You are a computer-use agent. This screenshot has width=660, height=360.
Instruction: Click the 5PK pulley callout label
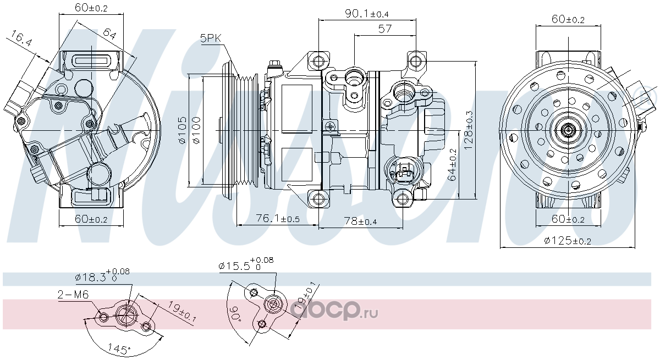(x=210, y=38)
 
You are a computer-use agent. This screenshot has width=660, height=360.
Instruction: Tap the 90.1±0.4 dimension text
(x=367, y=14)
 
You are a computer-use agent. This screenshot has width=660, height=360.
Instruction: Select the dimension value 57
(x=385, y=29)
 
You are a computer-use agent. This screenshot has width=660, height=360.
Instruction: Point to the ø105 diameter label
(x=182, y=130)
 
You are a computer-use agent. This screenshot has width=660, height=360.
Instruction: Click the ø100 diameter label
(x=196, y=130)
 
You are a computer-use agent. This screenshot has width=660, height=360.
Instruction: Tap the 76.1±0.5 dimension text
(x=278, y=218)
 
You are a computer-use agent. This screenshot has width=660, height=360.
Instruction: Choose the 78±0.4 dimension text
(x=361, y=221)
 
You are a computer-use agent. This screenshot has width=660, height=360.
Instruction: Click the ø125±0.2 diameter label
(x=568, y=241)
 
